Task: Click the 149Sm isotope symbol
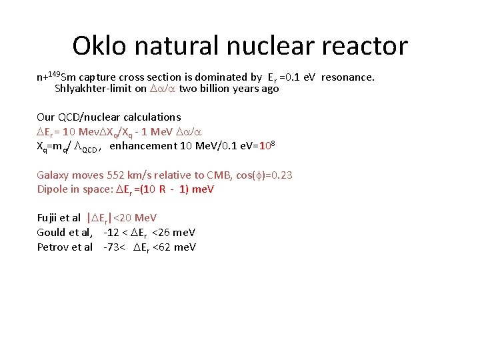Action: click(x=60, y=76)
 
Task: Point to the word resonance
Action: click(x=347, y=77)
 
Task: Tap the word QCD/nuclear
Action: click(x=92, y=117)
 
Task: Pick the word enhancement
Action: click(x=142, y=147)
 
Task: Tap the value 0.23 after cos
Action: click(x=280, y=175)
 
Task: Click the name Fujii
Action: click(x=48, y=218)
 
